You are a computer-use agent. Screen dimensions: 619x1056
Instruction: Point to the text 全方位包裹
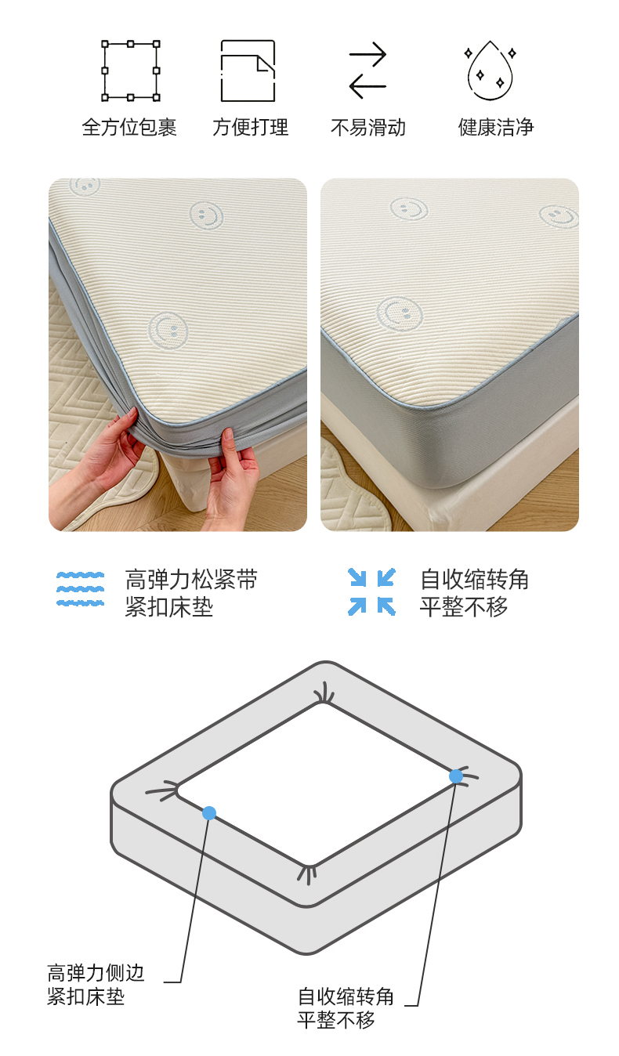click(x=129, y=127)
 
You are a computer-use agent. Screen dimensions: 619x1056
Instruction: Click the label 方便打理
click(x=250, y=127)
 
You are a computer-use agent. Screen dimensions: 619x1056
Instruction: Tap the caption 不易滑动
click(x=368, y=127)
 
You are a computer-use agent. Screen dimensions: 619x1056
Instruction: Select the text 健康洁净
click(x=496, y=127)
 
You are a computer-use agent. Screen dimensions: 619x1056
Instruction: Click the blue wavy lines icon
click(x=80, y=589)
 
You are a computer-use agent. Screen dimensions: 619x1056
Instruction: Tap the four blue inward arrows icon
click(x=371, y=592)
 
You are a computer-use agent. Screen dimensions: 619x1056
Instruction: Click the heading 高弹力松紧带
click(x=191, y=580)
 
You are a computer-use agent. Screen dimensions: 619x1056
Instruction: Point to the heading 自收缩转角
click(x=474, y=580)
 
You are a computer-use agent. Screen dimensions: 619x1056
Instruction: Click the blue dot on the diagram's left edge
click(x=209, y=812)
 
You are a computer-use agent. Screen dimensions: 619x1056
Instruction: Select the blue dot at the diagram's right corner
click(x=456, y=776)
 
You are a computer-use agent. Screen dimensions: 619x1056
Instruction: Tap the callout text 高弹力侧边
click(x=96, y=972)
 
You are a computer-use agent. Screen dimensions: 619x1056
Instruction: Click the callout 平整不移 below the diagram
click(x=335, y=1020)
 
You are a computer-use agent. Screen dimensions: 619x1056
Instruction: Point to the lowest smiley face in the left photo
click(x=168, y=331)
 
